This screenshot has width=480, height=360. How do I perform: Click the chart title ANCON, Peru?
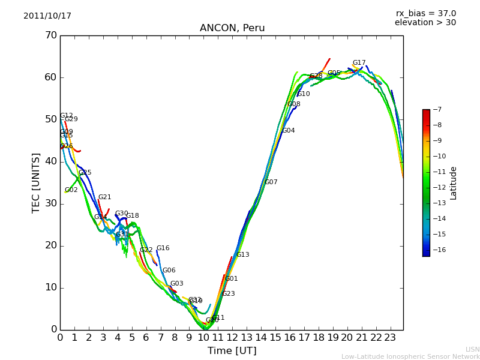click(x=232, y=28)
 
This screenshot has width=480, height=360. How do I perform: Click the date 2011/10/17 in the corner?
click(x=47, y=16)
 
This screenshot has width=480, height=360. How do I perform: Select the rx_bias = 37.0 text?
click(x=425, y=14)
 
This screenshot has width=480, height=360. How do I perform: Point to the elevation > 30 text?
click(x=425, y=23)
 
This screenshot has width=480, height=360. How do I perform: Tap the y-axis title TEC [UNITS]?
click(x=36, y=182)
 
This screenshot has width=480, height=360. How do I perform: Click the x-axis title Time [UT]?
click(x=232, y=351)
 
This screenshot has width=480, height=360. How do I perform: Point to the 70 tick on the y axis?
click(x=50, y=35)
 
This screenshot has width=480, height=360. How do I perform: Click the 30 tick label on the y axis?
click(x=50, y=203)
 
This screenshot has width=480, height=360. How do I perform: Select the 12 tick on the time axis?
click(x=232, y=338)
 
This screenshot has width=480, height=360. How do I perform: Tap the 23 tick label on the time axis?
click(x=390, y=338)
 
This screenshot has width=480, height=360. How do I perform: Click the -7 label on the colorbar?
click(x=436, y=110)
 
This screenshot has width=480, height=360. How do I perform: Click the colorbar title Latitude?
click(x=454, y=183)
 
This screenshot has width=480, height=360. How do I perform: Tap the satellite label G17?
click(x=359, y=63)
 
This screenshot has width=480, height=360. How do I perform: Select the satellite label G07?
click(x=271, y=182)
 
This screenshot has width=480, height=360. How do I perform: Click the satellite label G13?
click(x=242, y=255)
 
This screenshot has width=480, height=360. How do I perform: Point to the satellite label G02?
click(x=71, y=190)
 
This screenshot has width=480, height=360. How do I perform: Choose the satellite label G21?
click(x=104, y=197)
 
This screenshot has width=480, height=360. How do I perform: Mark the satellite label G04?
click(x=289, y=131)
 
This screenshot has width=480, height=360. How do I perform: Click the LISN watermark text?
click(x=472, y=349)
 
